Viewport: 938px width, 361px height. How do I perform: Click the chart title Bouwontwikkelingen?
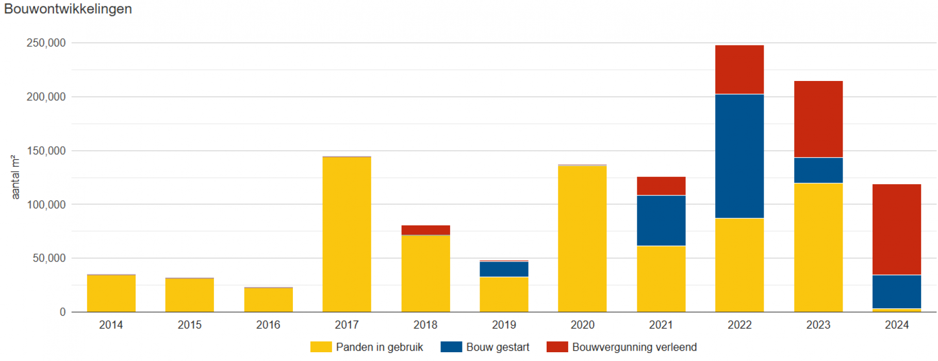[68, 9]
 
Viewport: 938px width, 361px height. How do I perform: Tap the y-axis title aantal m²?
[15, 177]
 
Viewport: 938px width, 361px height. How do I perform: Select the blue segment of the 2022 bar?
[739, 156]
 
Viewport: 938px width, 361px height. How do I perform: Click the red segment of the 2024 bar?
[896, 229]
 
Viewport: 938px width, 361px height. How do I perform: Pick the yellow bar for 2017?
[347, 235]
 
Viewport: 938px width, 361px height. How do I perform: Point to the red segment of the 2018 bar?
[425, 230]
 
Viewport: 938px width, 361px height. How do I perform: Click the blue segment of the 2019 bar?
[504, 269]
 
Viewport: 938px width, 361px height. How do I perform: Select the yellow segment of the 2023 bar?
[818, 248]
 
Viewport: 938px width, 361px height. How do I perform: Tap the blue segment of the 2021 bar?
[661, 220]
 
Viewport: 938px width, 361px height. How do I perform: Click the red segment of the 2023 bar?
[818, 119]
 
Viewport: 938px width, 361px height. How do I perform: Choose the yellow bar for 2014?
[111, 293]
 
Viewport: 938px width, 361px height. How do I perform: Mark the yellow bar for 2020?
[582, 239]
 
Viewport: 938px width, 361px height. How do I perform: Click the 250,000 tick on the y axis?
[46, 43]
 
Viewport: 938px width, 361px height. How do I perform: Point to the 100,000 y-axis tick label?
[46, 204]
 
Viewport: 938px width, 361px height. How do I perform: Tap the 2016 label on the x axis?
[268, 325]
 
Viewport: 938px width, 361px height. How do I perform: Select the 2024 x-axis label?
[896, 325]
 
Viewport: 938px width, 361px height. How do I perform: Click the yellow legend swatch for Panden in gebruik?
[321, 347]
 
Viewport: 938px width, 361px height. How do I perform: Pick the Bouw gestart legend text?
[498, 347]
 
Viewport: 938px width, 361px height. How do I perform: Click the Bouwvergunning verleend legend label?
[634, 347]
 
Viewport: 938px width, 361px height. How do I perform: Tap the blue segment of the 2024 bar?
[896, 291]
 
